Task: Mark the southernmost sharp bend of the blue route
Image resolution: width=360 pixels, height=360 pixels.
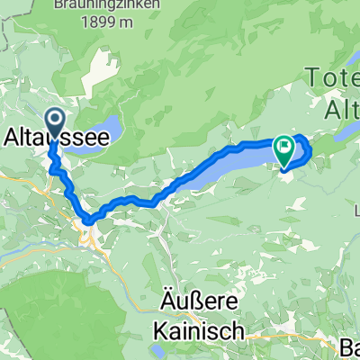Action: (88, 220)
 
